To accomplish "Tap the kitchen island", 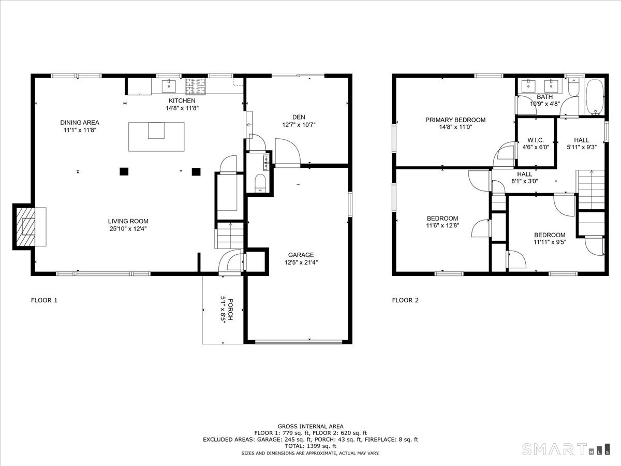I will (156, 137).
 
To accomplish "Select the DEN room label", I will (299, 116).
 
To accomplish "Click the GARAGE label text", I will (301, 255).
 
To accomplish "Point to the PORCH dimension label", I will (224, 309).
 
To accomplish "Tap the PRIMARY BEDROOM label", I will (455, 120).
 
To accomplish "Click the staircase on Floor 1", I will (229, 235).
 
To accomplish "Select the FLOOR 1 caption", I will (44, 300).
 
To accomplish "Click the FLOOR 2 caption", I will (405, 300).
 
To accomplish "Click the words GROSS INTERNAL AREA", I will (310, 426).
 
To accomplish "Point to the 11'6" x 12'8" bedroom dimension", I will (442, 226).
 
